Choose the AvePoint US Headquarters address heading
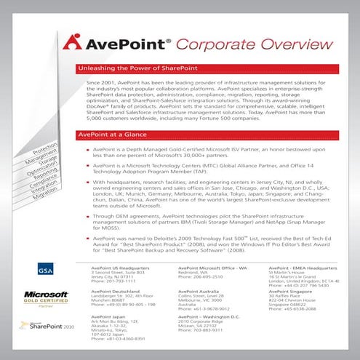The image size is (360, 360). coord(108,268)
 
